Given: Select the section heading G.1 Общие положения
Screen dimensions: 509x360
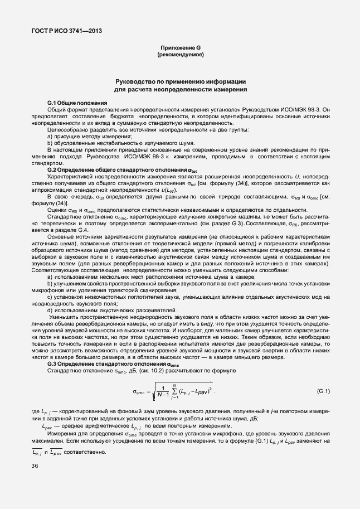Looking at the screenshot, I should [77, 103].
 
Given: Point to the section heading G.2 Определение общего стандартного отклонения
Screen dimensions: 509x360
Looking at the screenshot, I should [121, 169].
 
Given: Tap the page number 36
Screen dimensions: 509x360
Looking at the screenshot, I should [36, 467].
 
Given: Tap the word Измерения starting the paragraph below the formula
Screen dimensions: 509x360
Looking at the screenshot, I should [64, 433].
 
